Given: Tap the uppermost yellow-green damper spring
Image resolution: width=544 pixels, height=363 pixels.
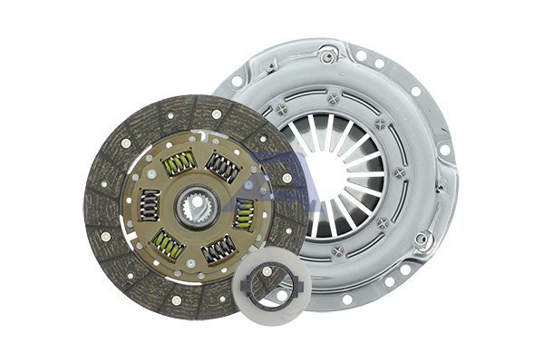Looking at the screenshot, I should [179, 162].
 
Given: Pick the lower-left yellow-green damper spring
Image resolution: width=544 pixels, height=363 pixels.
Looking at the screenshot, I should [168, 245].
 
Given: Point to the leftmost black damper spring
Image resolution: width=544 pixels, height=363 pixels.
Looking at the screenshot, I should [148, 204].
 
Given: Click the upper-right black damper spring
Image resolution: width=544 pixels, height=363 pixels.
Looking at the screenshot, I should [222, 167].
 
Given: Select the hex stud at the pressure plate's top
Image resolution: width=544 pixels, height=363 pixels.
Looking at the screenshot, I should [327, 56].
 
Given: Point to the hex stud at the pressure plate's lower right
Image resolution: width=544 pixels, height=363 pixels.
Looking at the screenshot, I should [423, 239].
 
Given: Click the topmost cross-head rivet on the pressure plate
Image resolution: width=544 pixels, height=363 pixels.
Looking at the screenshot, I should [334, 98].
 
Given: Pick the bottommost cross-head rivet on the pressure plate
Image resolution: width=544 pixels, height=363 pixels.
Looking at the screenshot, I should [337, 250].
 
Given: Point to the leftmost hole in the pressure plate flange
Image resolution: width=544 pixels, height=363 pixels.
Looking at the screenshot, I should [238, 81].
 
